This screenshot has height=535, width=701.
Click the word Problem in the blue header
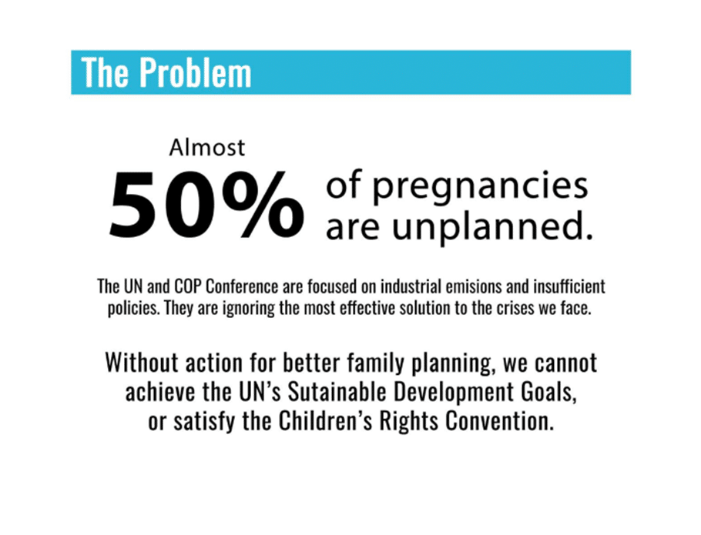(196, 73)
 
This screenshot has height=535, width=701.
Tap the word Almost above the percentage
(207, 148)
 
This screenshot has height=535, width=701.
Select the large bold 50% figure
(207, 204)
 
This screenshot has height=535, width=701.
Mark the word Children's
(326, 421)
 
